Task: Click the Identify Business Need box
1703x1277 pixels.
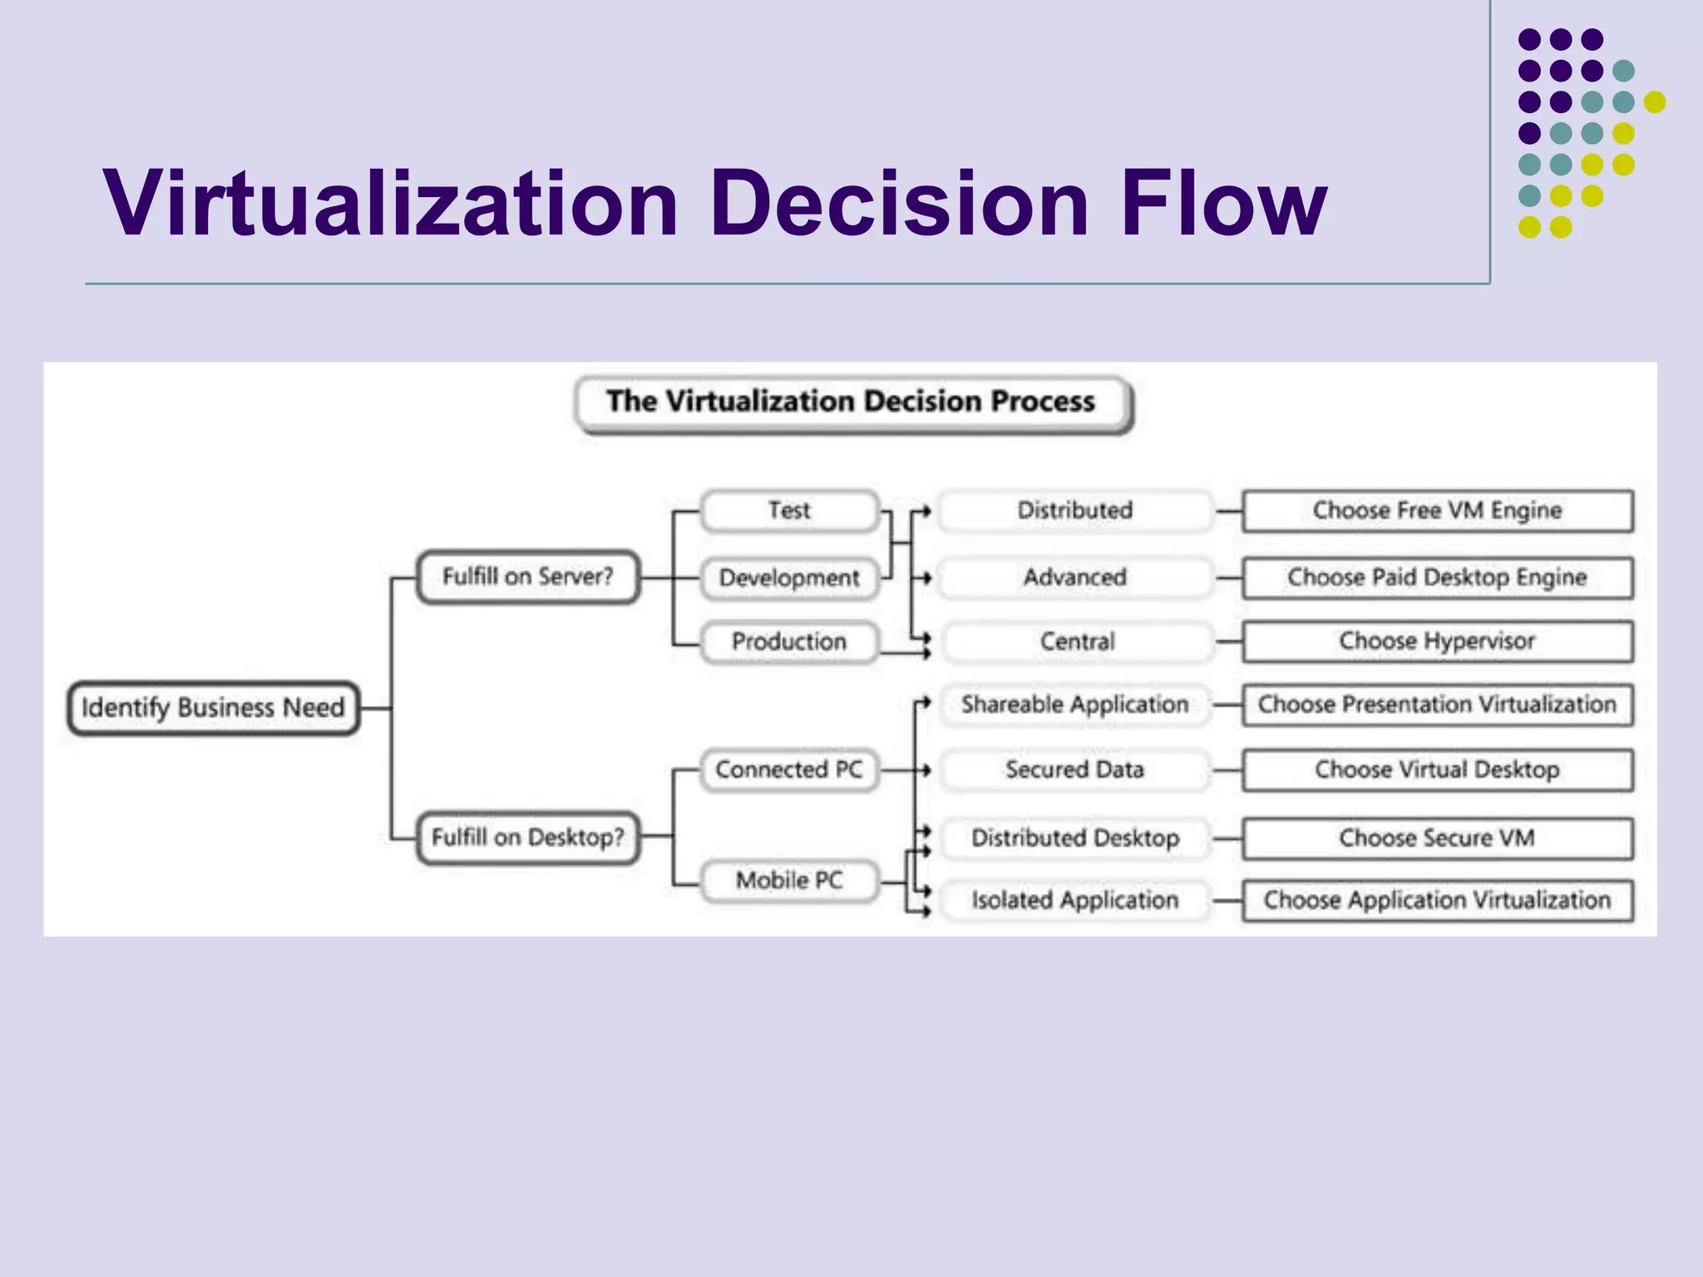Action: pos(213,708)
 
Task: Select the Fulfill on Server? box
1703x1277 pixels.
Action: pos(528,576)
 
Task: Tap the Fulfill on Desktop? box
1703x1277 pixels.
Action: pos(528,837)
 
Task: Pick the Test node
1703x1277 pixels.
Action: pos(789,510)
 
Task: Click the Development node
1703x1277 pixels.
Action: pos(789,578)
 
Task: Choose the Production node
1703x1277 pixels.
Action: pos(789,642)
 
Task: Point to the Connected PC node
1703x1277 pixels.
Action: pos(789,770)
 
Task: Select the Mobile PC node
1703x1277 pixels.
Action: pos(789,880)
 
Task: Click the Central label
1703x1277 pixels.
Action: pos(1077,642)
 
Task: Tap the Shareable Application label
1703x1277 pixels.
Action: pos(1075,705)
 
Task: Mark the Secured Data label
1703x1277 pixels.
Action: pos(1075,770)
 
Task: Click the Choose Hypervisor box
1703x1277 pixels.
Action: pos(1437,641)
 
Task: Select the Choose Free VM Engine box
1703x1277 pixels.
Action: pos(1437,510)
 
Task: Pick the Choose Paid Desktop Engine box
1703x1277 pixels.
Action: pos(1437,577)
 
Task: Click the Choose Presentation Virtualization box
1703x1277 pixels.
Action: pos(1437,705)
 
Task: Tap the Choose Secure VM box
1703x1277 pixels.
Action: pos(1437,838)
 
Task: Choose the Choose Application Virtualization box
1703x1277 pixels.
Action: pos(1437,900)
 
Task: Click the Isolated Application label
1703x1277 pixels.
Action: pos(1075,900)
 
